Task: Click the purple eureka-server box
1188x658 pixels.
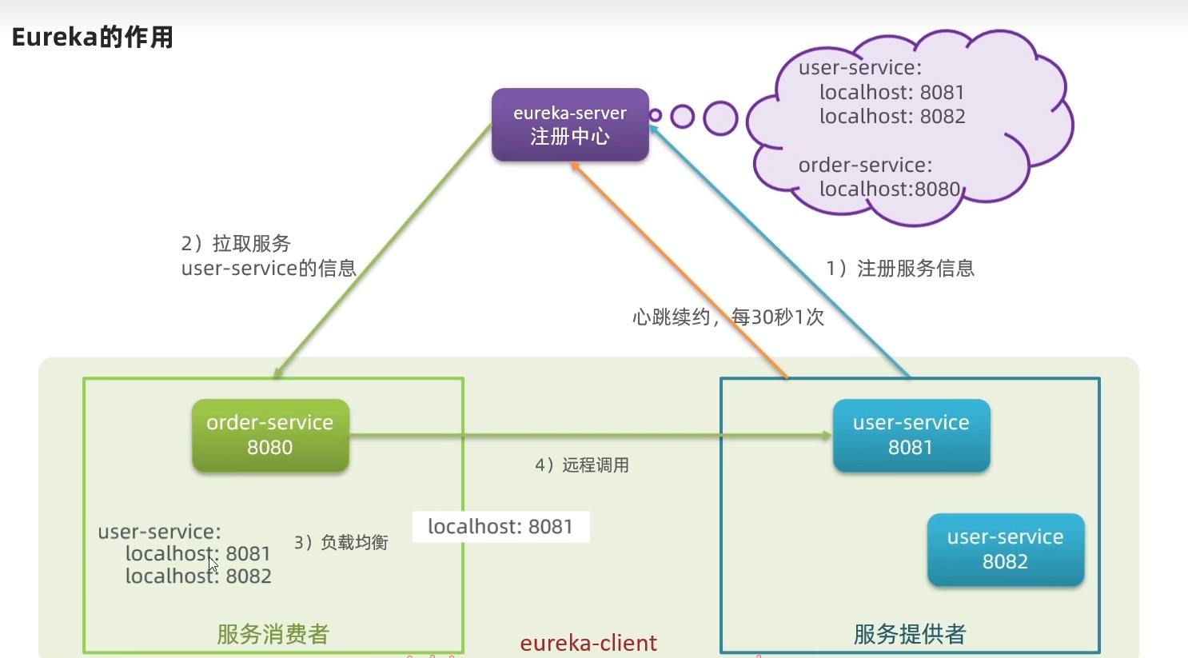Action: pyautogui.click(x=569, y=125)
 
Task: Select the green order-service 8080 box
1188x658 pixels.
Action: pyautogui.click(x=270, y=435)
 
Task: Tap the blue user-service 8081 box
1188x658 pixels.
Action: pyautogui.click(x=911, y=435)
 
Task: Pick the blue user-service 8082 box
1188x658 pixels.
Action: pyautogui.click(x=1005, y=549)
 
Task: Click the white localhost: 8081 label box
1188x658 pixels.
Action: pyautogui.click(x=500, y=526)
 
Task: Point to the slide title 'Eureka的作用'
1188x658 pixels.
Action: pyautogui.click(x=92, y=37)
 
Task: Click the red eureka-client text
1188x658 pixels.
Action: pyautogui.click(x=588, y=643)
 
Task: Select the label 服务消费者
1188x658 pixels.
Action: pyautogui.click(x=273, y=634)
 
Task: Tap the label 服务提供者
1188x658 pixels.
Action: pyautogui.click(x=910, y=634)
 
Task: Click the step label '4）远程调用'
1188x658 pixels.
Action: pyautogui.click(x=582, y=465)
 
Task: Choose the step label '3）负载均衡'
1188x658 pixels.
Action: pyautogui.click(x=341, y=542)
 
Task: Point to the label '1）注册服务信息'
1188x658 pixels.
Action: pyautogui.click(x=900, y=268)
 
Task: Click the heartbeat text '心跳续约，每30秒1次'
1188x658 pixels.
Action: pyautogui.click(x=728, y=317)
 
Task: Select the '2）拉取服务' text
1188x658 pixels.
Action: pyautogui.click(x=236, y=243)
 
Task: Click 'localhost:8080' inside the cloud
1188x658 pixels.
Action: pyautogui.click(x=889, y=189)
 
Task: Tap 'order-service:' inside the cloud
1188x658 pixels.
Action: pyautogui.click(x=865, y=165)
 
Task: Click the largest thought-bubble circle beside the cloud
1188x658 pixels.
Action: pyautogui.click(x=720, y=118)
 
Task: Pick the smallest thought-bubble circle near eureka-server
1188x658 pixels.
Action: pyautogui.click(x=655, y=115)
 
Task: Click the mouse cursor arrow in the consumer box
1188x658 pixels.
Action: pyautogui.click(x=213, y=563)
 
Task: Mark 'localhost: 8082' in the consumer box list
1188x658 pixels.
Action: pyautogui.click(x=198, y=576)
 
